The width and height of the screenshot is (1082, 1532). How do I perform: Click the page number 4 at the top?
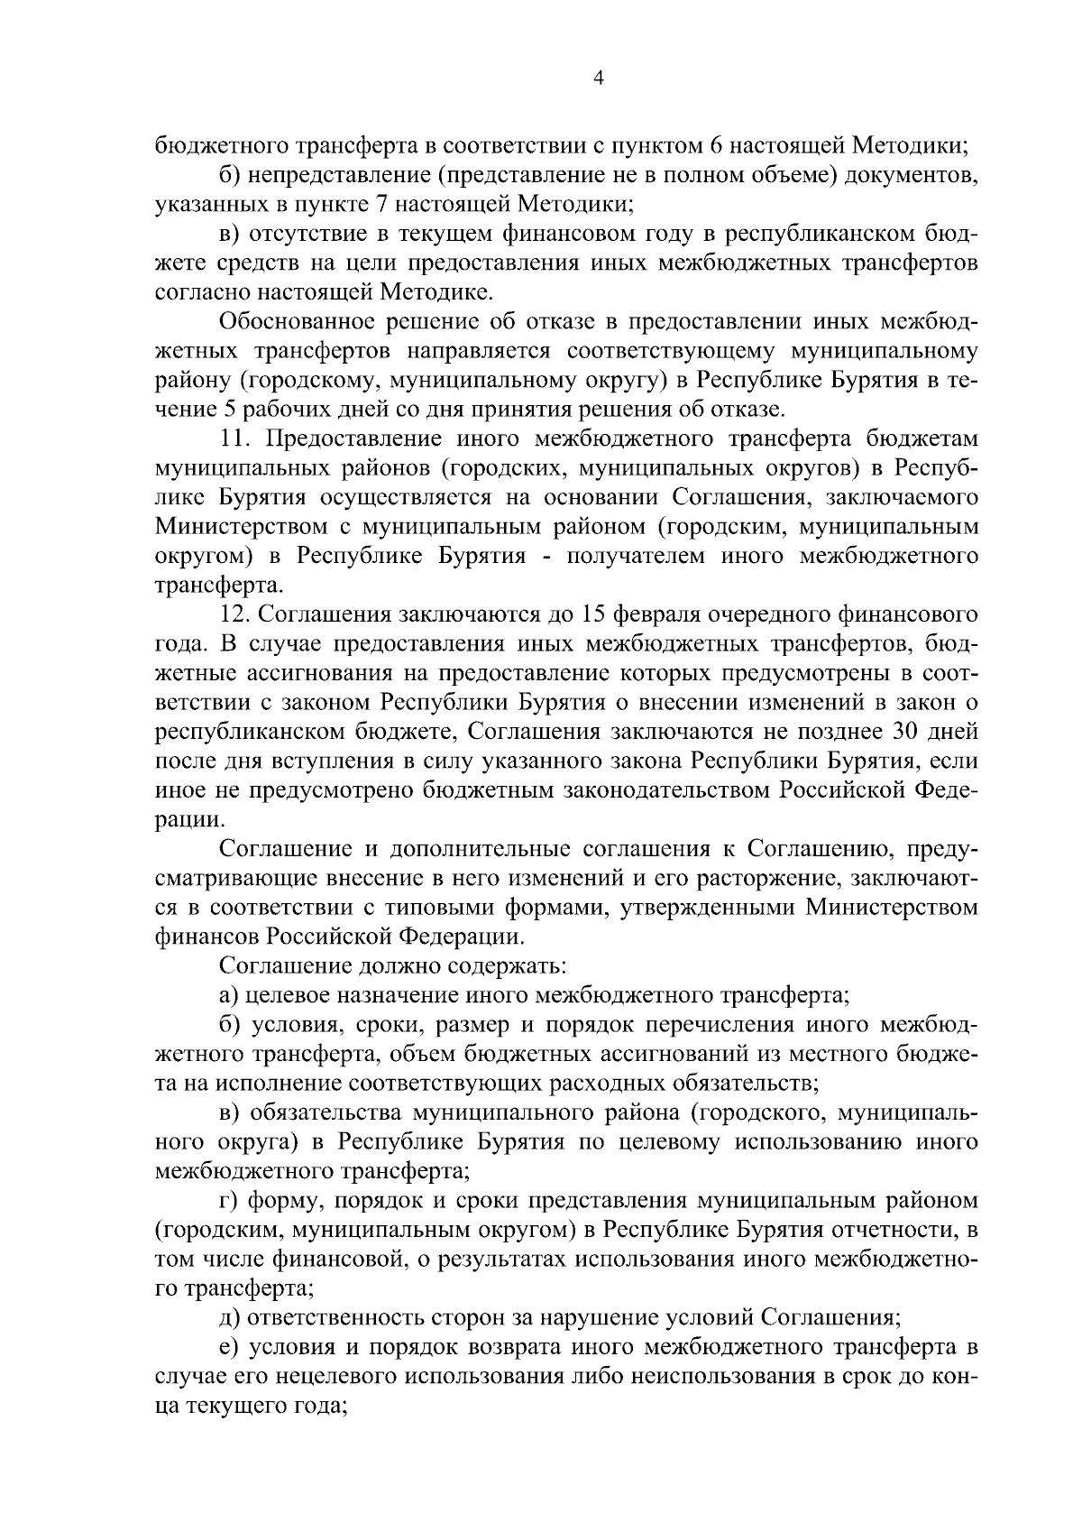click(x=597, y=78)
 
